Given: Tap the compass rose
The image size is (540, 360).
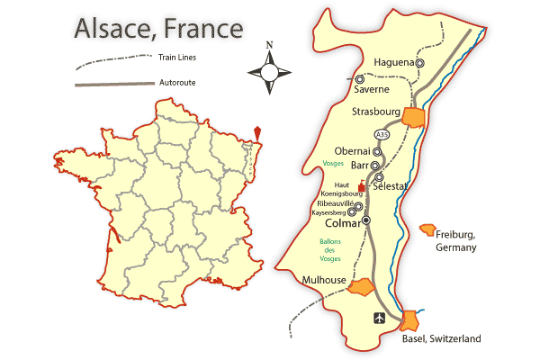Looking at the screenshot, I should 269,68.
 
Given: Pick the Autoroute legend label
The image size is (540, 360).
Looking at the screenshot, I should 177,83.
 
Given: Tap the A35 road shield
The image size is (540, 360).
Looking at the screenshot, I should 382,135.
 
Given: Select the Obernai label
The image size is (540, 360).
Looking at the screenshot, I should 352,151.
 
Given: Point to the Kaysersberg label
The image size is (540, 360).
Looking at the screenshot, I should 331,213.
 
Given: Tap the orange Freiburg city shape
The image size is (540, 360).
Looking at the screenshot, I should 428,230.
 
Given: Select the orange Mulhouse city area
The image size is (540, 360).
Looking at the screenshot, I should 361,288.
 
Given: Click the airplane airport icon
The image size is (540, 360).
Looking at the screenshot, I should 379,318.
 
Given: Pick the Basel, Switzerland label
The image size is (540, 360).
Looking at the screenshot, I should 441,339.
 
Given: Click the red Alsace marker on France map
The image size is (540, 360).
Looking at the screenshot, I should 259,136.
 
